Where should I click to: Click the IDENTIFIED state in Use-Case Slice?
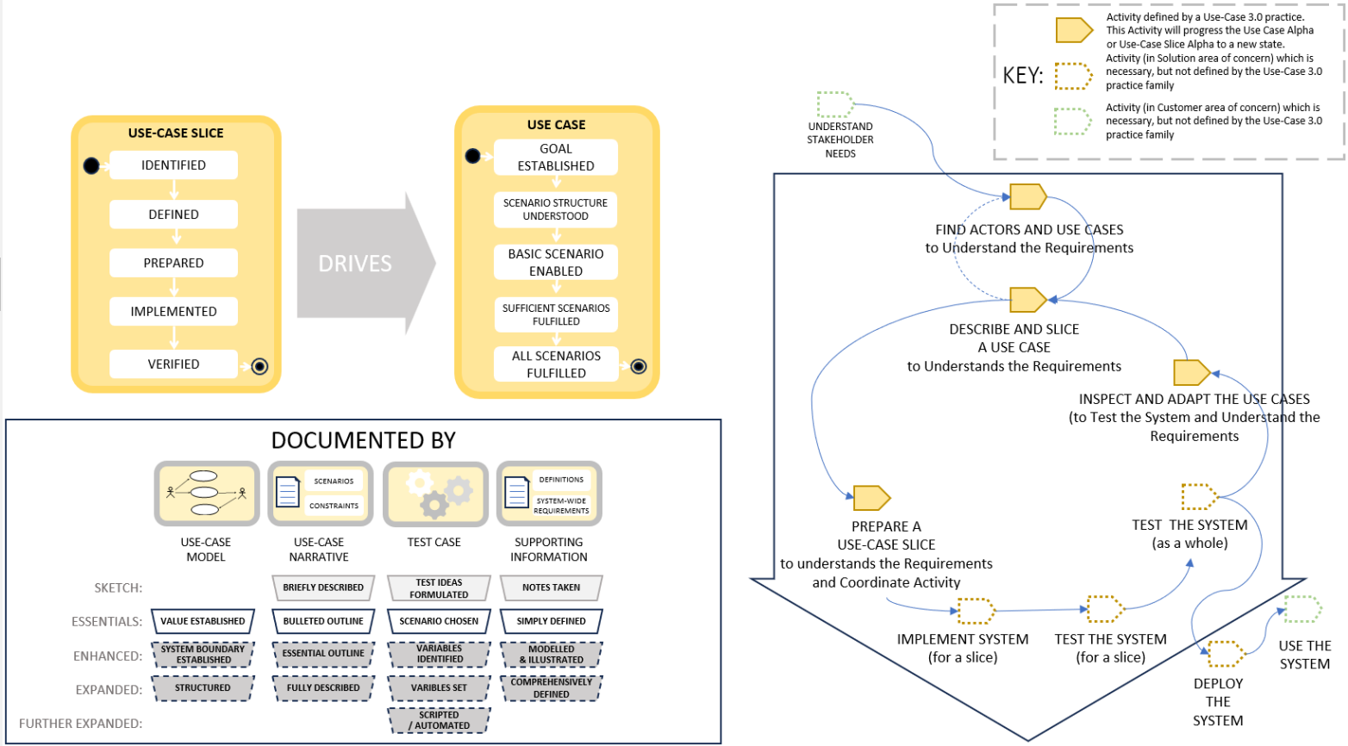point(173,165)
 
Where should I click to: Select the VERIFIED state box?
point(173,364)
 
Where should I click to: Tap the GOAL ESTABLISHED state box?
point(556,158)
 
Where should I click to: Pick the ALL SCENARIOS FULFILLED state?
point(556,364)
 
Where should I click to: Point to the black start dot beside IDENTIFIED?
point(91,165)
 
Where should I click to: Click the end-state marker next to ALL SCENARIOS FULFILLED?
point(639,366)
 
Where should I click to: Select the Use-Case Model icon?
point(207,494)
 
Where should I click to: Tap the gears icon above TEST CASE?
point(435,494)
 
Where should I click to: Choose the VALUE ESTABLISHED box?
point(203,621)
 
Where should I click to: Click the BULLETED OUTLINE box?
point(323,621)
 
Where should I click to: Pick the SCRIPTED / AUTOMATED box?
point(439,720)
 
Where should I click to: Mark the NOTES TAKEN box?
point(551,587)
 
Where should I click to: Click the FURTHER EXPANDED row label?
point(81,724)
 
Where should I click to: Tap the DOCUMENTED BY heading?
point(363,440)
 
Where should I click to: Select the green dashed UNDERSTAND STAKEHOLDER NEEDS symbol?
point(834,104)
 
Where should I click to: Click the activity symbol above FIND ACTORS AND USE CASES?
point(1027,196)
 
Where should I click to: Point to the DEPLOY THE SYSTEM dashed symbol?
point(1225,654)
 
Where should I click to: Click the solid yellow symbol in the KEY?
point(1074,30)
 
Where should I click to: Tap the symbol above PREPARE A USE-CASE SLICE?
point(871,498)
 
